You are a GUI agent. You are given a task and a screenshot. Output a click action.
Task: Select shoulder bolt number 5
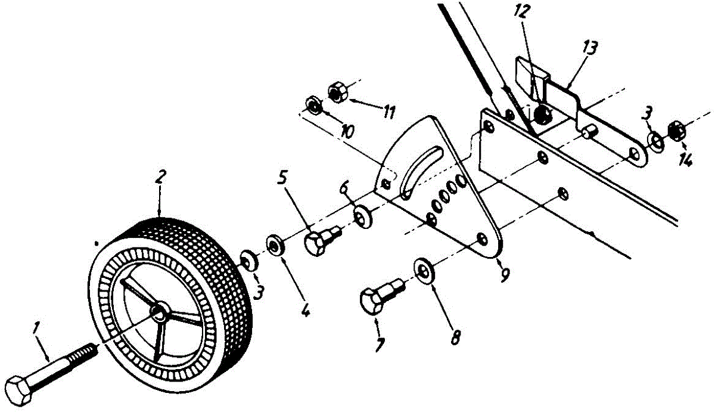(x=319, y=240)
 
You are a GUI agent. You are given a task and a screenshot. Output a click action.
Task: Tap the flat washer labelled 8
(x=424, y=270)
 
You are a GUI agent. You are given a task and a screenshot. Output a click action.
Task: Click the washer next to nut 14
(x=656, y=141)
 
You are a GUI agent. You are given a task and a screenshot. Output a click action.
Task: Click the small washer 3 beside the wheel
(x=248, y=260)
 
